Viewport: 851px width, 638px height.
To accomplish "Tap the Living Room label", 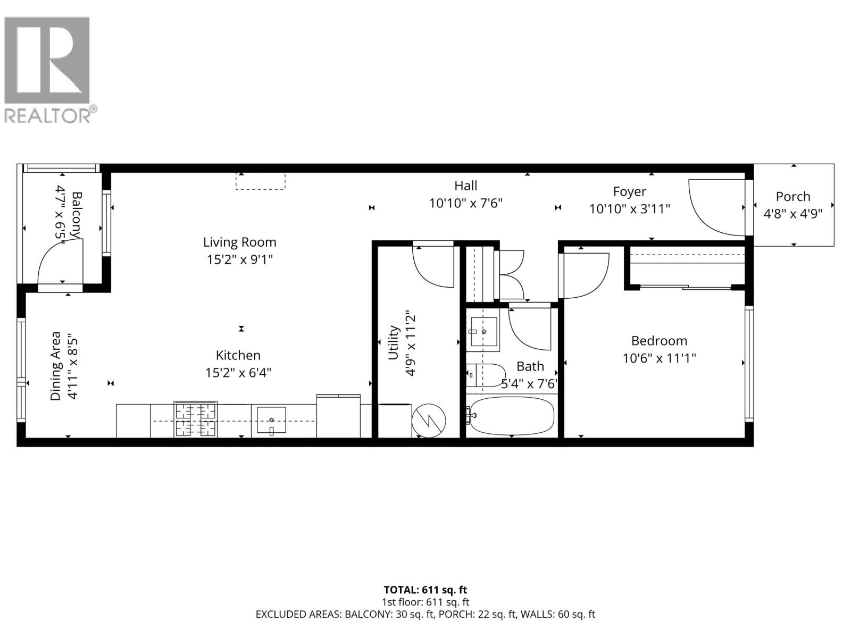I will (x=240, y=242).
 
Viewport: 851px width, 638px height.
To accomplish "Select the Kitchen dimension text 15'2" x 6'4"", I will (x=238, y=373).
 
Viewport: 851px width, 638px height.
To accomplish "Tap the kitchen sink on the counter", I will (x=271, y=420).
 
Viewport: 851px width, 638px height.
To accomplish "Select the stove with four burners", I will (x=195, y=419).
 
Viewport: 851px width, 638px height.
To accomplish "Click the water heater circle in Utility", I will (x=429, y=421).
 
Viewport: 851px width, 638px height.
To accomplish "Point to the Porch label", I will (x=793, y=197).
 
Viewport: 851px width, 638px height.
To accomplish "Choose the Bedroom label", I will (x=659, y=341).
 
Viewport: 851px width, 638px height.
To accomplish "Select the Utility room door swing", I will (x=433, y=266).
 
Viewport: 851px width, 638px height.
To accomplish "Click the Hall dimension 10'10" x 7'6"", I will (x=465, y=203).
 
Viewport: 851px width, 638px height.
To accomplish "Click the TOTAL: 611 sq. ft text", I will (x=425, y=590).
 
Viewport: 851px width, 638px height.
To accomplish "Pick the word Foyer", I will (x=629, y=191).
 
